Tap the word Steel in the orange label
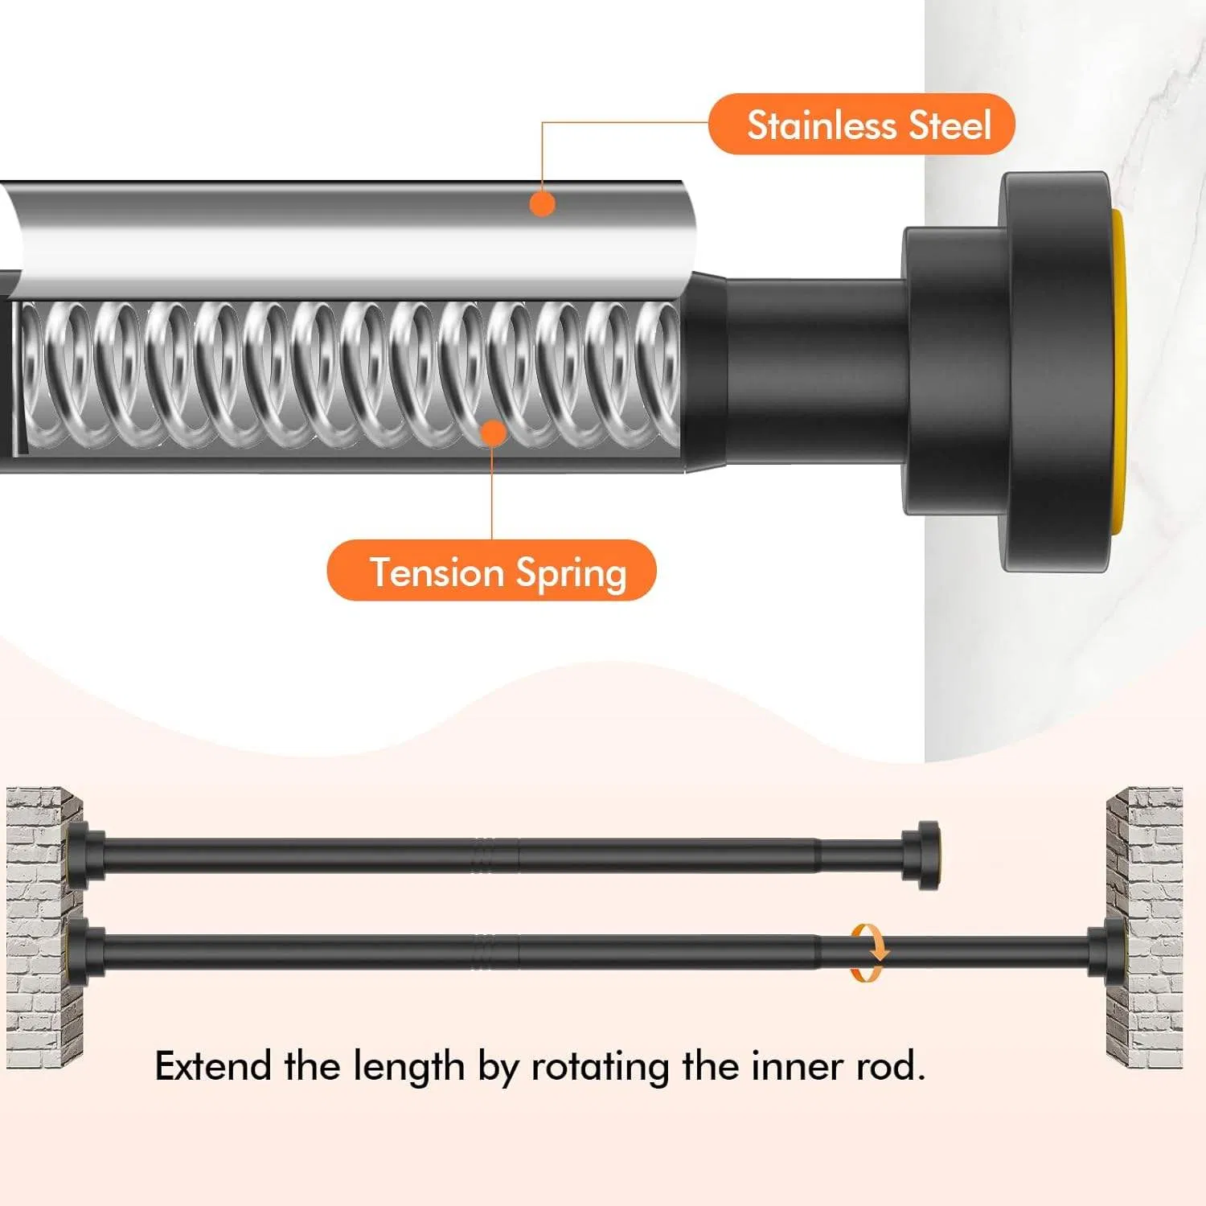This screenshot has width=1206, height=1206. click(x=950, y=125)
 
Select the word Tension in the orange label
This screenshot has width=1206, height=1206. click(x=437, y=572)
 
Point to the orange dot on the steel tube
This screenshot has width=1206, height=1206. click(x=543, y=203)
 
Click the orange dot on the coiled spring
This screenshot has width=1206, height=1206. click(x=493, y=433)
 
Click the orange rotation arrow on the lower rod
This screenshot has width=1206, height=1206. click(x=869, y=953)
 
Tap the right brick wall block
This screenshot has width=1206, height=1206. click(x=1144, y=928)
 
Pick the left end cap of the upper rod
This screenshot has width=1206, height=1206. click(x=86, y=855)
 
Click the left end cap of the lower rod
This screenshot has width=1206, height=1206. click(x=86, y=953)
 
